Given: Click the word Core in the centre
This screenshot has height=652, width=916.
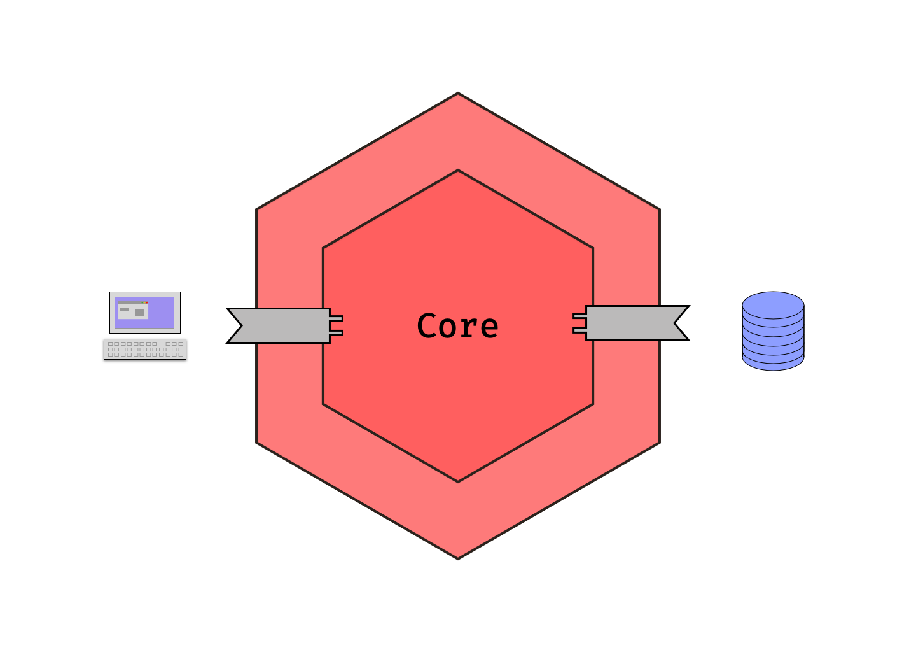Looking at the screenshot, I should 457,326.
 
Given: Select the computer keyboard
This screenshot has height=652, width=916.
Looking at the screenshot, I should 145,350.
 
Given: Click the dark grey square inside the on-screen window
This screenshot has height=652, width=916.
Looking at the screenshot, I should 140,313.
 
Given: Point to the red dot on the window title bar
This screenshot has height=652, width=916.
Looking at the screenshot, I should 146,303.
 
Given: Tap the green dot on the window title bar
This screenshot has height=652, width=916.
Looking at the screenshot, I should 143,303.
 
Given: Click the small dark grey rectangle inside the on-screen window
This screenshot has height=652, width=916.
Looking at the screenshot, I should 125,309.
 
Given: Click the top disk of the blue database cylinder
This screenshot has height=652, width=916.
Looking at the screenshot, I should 773,304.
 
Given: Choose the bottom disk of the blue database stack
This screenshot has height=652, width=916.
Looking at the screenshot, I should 773,362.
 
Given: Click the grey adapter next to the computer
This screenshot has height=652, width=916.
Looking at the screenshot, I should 280,325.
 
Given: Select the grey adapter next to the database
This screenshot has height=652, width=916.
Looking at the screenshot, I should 636,323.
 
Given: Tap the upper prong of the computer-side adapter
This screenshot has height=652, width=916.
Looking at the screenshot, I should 337,318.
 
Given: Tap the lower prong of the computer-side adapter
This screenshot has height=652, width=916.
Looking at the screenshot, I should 337,332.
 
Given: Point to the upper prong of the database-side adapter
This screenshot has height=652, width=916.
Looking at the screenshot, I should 579,316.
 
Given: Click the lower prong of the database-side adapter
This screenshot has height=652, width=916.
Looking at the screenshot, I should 579,330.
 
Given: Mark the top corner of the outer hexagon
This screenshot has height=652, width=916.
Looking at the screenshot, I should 458,94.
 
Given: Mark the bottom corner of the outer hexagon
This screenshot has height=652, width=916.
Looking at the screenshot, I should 458,558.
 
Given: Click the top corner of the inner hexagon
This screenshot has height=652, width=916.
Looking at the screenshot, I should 458,171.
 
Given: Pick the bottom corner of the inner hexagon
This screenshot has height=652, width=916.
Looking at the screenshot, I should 458,481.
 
